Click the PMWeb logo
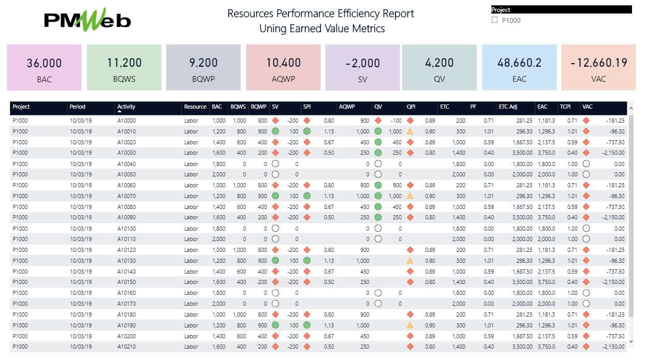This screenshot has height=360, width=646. click(87, 21)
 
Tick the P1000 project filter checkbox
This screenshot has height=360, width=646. click(494, 21)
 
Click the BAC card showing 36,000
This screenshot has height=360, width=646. click(44, 68)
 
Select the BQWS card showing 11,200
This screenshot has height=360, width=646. click(124, 68)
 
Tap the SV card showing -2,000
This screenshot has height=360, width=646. click(362, 68)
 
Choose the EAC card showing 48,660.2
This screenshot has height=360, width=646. click(519, 68)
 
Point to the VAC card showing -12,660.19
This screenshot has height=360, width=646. click(598, 68)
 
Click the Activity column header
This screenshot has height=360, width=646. click(126, 107)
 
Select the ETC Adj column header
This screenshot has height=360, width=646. click(507, 107)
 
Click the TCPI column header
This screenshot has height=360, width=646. click(565, 107)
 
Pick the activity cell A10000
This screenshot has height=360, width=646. click(126, 121)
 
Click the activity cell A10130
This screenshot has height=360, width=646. click(126, 261)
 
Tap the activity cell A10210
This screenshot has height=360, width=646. click(126, 347)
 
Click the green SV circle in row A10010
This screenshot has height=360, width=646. click(275, 131)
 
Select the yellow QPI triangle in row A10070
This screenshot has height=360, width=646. click(410, 196)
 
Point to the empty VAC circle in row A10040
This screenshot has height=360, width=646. click(586, 163)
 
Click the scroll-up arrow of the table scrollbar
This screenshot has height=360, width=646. click(630, 109)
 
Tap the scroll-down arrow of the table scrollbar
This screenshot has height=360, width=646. click(630, 341)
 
